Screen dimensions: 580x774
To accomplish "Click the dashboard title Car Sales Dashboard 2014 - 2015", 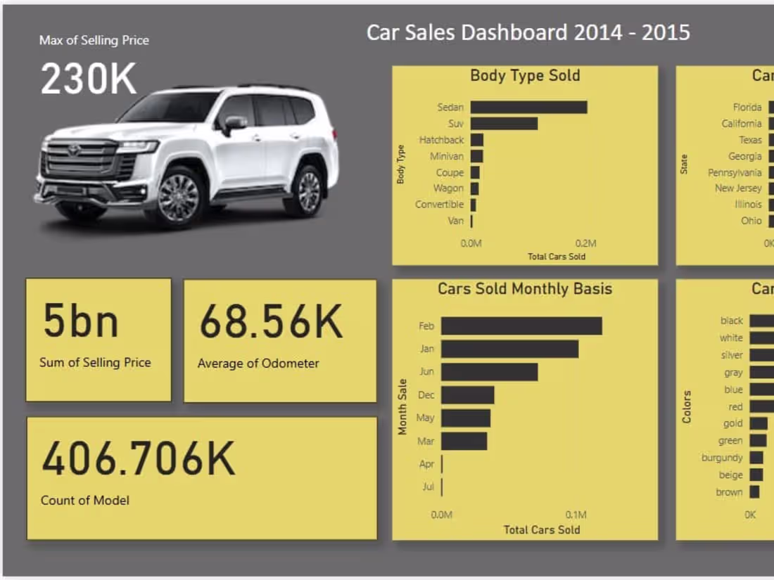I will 528,32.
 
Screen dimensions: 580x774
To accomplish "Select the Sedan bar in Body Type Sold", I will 528,107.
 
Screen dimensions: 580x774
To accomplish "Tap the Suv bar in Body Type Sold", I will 504,123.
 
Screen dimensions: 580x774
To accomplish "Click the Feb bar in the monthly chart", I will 521,326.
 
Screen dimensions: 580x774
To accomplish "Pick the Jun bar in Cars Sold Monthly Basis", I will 490,372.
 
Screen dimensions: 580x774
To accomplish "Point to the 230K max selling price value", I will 89,79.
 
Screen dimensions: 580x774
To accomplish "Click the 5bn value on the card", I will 80,321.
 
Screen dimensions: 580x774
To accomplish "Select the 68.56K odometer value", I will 271,323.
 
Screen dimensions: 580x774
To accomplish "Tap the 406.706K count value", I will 139,459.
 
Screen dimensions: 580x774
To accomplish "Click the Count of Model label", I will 85,501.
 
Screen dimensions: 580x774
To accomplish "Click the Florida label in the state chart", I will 747,108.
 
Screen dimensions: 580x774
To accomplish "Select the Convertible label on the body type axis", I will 439,205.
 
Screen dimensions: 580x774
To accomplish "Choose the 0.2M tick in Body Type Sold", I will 585,243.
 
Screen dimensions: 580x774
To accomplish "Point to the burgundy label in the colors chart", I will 722,458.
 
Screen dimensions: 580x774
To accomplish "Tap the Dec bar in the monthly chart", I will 468,395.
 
